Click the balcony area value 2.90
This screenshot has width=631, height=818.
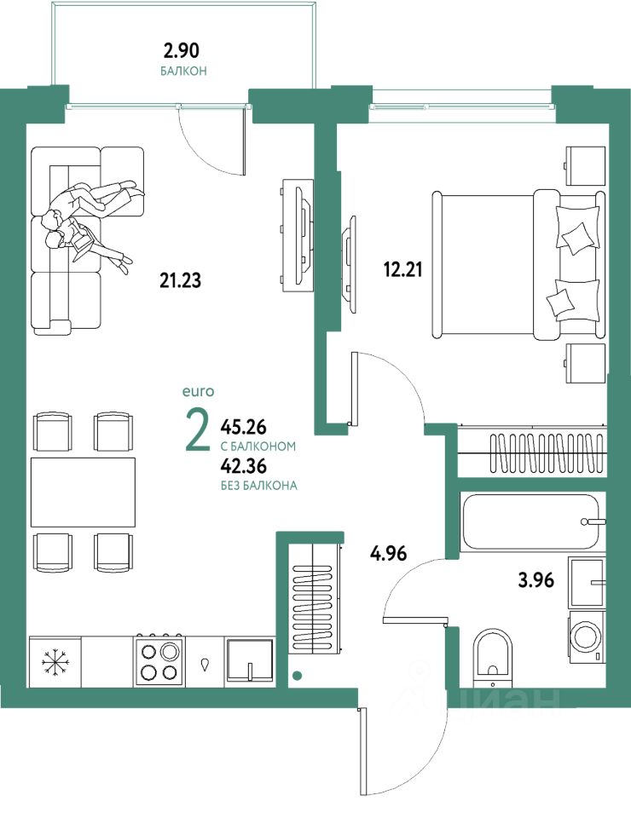182,50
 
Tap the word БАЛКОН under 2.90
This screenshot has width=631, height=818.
183,71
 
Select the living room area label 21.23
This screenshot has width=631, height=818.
180,280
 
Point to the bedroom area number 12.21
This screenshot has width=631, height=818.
403,270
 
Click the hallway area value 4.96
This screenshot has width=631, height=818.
388,553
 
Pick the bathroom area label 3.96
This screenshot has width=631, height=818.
536,579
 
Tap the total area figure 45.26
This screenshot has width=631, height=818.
243,427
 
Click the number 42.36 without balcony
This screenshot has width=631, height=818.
243,465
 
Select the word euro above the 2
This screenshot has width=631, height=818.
198,391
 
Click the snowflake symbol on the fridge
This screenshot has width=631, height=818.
55,661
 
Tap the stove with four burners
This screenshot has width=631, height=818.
159,660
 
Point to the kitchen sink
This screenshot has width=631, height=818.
250,660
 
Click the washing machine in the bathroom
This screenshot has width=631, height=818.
587,637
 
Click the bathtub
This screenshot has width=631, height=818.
533,521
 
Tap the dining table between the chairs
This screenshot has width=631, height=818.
83,493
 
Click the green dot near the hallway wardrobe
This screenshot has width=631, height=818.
297,676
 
